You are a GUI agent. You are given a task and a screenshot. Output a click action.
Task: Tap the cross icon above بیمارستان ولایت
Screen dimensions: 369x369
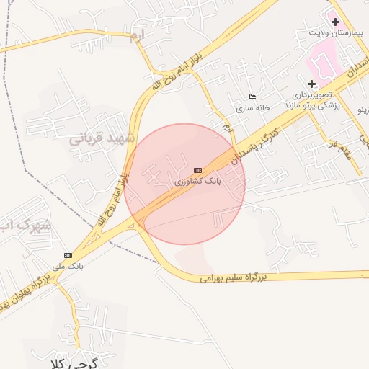(x=335, y=22)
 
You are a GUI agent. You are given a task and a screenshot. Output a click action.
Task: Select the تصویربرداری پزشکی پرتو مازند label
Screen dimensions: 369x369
(x=312, y=99)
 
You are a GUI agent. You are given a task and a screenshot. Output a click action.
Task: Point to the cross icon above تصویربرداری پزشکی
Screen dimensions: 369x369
(x=311, y=84)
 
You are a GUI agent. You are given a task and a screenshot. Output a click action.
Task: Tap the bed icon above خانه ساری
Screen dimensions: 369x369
(x=252, y=97)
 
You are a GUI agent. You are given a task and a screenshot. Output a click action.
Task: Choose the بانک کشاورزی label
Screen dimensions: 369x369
(x=197, y=181)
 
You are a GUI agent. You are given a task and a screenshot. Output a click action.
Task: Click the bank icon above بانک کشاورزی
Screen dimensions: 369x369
(x=197, y=170)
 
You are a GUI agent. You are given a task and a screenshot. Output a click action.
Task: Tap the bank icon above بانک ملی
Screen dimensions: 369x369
(x=68, y=255)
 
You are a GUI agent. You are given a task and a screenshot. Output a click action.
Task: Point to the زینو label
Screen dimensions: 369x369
(x=363, y=110)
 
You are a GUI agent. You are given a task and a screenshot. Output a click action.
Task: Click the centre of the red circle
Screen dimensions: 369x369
(x=184, y=184)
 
